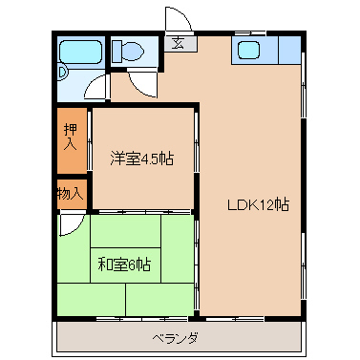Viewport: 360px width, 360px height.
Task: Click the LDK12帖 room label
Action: pos(258,204)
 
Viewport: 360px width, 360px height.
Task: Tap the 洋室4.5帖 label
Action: pos(142,159)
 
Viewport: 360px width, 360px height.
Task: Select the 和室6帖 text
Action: pos(124,265)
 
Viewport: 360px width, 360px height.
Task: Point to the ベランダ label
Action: pos(176,337)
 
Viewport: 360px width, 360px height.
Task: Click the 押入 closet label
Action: pos(71,137)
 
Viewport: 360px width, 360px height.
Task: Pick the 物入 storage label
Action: pos(71,193)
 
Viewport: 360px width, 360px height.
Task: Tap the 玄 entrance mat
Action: pos(179,43)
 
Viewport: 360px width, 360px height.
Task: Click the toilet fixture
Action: pos(127,51)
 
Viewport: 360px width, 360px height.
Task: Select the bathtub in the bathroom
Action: pos(81,52)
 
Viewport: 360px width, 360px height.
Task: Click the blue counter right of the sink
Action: pos(290,51)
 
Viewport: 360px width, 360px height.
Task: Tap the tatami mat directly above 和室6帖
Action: pos(126,231)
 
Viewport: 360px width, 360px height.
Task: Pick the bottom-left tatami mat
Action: pos(92,299)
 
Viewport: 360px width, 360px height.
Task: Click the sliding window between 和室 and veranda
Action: pos(142,318)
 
